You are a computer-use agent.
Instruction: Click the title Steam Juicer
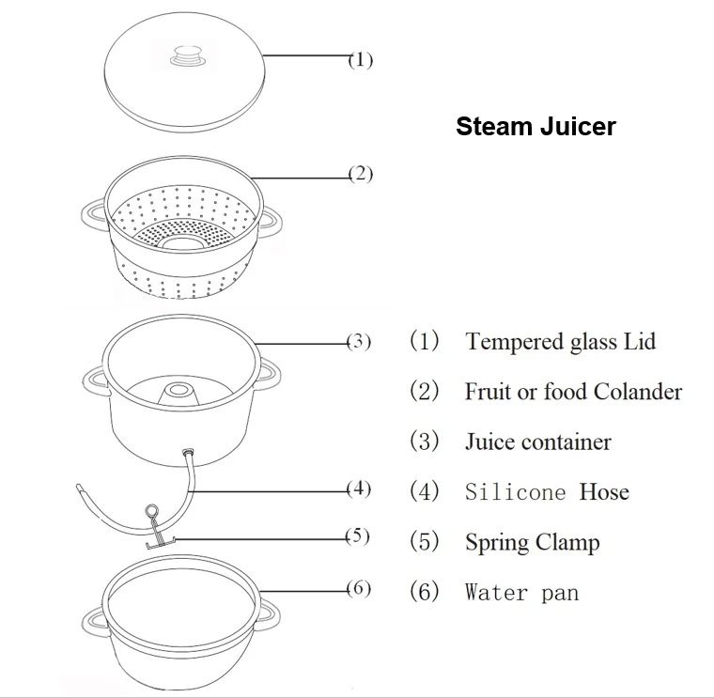[x=535, y=127]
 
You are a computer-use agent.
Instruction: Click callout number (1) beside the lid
[x=361, y=60]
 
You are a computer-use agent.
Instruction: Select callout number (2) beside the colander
[x=361, y=175]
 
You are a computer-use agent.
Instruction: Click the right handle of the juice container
[x=270, y=378]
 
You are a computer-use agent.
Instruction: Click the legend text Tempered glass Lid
[x=560, y=341]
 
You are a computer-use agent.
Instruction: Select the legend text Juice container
[x=537, y=442]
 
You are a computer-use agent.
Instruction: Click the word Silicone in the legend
[x=515, y=491]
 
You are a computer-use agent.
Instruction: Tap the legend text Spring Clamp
[x=532, y=542]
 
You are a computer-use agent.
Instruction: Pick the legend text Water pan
[x=521, y=592]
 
